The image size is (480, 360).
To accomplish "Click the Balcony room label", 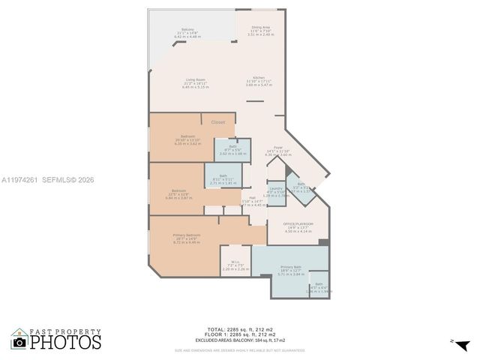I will pyautogui.click(x=187, y=29).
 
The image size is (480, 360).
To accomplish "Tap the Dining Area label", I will pyautogui.click(x=261, y=28).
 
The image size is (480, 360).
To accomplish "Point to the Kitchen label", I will pyautogui.click(x=259, y=78).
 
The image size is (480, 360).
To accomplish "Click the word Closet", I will pyautogui.click(x=217, y=121).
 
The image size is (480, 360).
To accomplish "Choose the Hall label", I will pyautogui.click(x=253, y=198).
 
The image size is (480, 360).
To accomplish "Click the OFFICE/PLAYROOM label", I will pyautogui.click(x=298, y=224).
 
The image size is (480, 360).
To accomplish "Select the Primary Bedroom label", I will pyautogui.click(x=187, y=235).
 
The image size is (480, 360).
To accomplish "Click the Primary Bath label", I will pyautogui.click(x=292, y=267).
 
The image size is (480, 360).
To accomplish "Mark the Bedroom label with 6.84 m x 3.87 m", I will pyautogui.click(x=179, y=190).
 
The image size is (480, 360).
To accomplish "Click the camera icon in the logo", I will pyautogui.click(x=19, y=342).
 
